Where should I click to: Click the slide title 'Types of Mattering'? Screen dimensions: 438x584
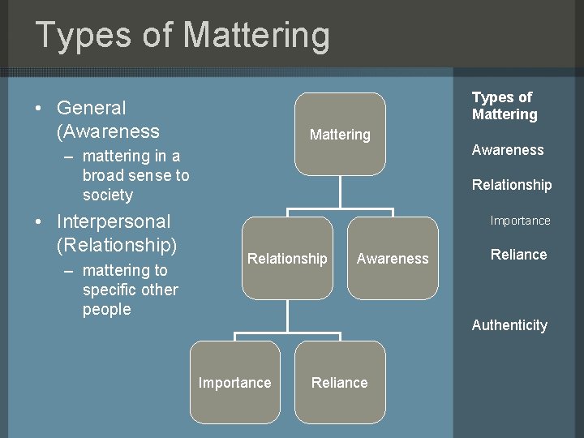[x=182, y=35]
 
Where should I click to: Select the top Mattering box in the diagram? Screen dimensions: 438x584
[x=340, y=134]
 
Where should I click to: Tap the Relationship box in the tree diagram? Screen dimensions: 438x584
[x=287, y=258]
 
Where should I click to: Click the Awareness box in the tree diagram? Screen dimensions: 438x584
[x=393, y=258]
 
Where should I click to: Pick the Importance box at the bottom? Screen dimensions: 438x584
[x=235, y=382]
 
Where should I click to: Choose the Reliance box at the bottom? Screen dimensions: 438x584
[x=340, y=382]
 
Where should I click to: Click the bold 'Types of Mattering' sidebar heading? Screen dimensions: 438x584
[x=505, y=105]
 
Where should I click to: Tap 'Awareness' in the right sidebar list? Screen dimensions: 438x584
[x=508, y=150]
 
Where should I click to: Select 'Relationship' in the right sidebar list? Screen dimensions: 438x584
[x=512, y=185]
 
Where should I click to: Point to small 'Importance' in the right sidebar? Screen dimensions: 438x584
[x=520, y=221]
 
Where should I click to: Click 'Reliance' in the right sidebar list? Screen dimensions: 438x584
[x=518, y=255]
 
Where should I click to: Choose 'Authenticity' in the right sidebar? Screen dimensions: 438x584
[x=509, y=325]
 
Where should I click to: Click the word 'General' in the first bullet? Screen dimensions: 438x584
[x=92, y=108]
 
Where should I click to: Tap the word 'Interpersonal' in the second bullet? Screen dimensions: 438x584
[x=114, y=221]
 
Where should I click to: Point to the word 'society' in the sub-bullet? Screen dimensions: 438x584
[x=107, y=195]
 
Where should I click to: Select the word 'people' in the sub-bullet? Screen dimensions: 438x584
[x=106, y=309]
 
